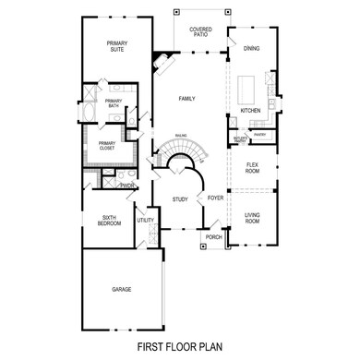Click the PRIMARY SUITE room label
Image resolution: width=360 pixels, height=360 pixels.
tap(116, 46)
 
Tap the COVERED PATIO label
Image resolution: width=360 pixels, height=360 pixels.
tap(201, 32)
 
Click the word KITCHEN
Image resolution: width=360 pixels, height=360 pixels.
tap(251, 111)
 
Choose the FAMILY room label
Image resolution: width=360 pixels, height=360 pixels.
tap(187, 98)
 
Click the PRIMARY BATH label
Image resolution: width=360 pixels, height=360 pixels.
tap(113, 103)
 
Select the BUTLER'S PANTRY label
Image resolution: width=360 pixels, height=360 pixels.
tap(240, 138)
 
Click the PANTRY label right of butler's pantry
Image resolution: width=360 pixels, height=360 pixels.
tap(259, 134)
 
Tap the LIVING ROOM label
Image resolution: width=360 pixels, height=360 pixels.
tap(253, 220)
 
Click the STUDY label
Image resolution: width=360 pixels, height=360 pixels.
tap(180, 198)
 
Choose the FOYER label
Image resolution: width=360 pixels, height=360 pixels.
tap(216, 197)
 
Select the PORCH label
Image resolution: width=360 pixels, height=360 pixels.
tap(213, 236)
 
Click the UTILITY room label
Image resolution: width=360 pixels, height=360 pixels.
tap(145, 221)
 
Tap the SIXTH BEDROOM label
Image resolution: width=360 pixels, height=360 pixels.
tap(111, 221)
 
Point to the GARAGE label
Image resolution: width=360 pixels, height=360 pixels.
tap(121, 289)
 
